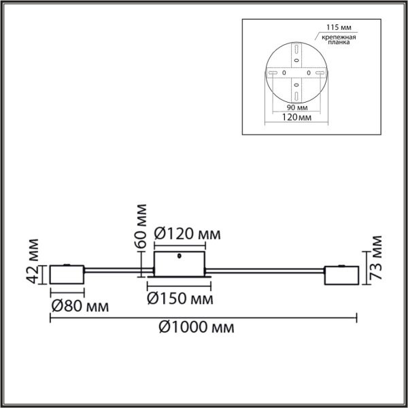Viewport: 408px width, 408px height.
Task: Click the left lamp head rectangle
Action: point(67,275)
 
